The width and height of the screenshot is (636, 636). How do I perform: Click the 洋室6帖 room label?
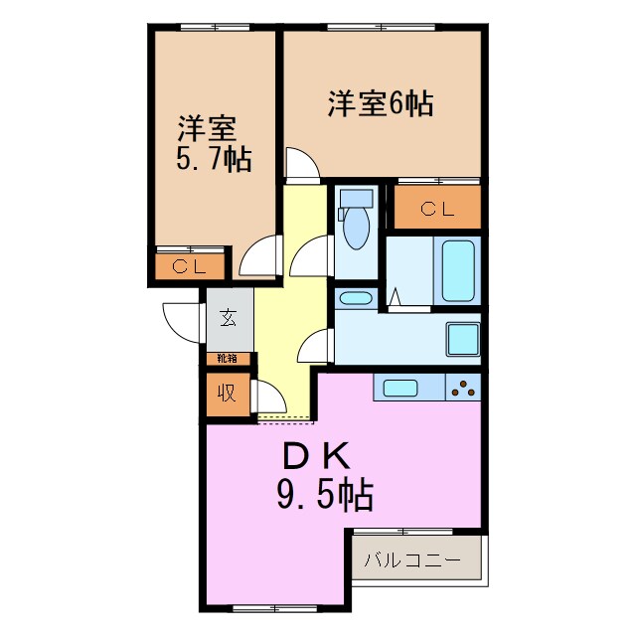coord(381,104)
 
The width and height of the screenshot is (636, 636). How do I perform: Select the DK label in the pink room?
coord(317,455)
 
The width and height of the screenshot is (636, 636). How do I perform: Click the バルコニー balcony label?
coord(411,559)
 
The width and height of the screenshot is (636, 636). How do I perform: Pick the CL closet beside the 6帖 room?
coord(437,209)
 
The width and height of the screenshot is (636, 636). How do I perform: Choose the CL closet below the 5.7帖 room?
coord(188,266)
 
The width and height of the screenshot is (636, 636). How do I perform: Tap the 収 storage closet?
coord(228,393)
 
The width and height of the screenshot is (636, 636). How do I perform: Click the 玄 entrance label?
coord(229,318)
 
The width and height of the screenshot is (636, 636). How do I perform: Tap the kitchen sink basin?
coord(400,388)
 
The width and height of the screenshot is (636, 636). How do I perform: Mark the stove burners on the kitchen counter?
coord(463,388)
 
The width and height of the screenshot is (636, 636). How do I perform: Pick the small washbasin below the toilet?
coord(354,298)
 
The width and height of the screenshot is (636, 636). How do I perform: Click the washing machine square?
coord(463,338)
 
